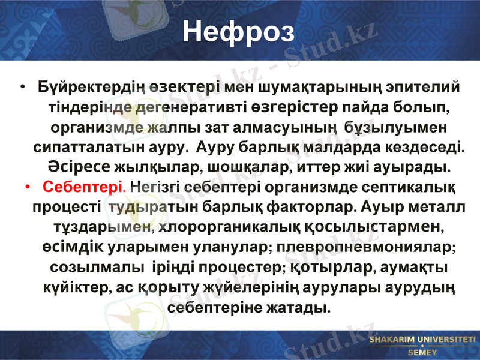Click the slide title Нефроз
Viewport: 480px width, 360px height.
click(x=238, y=32)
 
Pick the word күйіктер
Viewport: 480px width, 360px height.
click(x=75, y=287)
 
